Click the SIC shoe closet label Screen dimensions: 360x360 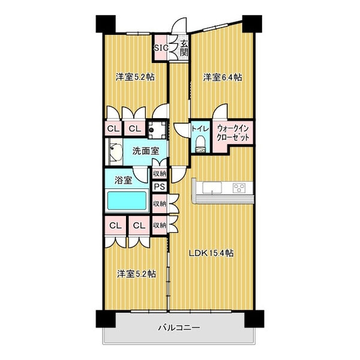[161, 48]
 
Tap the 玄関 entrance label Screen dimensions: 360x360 [184, 48]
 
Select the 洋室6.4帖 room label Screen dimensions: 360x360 [222, 77]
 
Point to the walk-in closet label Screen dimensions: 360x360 [233, 133]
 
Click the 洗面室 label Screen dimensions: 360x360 [146, 151]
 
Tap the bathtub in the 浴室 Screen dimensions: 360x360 [127, 200]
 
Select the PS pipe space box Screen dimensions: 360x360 [160, 187]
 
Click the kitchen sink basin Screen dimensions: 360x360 [212, 188]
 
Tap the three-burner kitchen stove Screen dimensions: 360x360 [239, 188]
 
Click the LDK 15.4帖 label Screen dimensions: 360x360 [211, 253]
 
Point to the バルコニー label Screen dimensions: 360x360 [179, 328]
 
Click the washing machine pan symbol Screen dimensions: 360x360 [157, 130]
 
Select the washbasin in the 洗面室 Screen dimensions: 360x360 [115, 152]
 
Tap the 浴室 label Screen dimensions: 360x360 [123, 180]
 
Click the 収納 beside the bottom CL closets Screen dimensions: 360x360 [160, 225]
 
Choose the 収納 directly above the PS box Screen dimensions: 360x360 [160, 173]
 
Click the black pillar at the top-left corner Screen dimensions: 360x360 [106, 24]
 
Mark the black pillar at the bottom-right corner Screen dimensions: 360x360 [254, 319]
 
